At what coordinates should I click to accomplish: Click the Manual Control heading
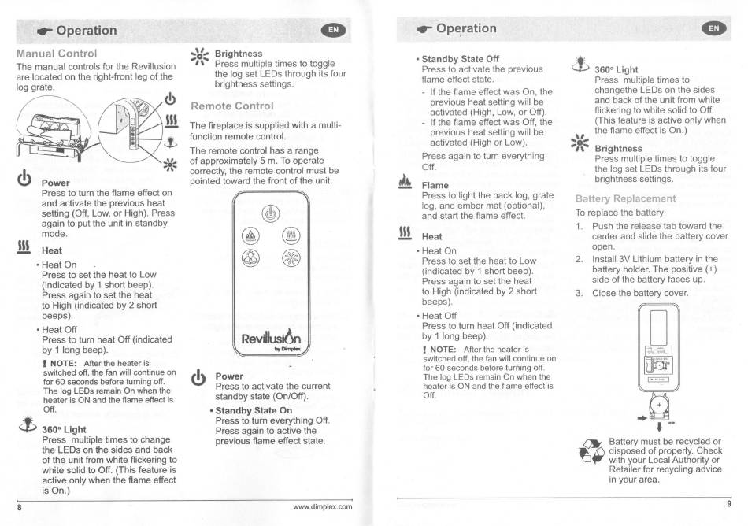(56, 54)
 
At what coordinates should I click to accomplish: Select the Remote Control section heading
(231, 106)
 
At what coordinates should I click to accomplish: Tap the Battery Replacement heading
(625, 198)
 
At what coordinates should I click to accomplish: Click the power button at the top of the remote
(271, 213)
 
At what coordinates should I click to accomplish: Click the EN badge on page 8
(334, 30)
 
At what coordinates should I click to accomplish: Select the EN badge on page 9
(713, 28)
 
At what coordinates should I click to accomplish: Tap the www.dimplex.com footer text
(323, 507)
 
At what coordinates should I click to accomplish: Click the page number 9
(728, 504)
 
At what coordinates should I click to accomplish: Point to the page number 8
(20, 507)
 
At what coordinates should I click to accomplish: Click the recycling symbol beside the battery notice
(591, 451)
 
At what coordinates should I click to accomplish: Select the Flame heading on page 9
(435, 185)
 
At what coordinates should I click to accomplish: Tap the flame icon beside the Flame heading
(405, 182)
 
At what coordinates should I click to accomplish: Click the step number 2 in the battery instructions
(580, 259)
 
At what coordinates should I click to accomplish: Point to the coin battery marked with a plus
(659, 406)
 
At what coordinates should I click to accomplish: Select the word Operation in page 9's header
(466, 28)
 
